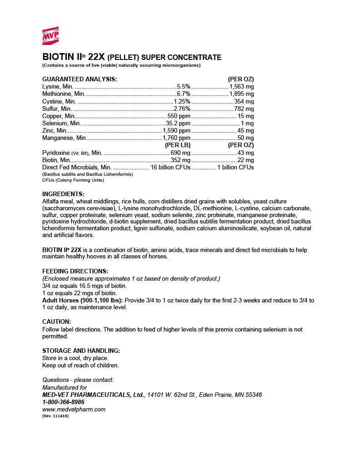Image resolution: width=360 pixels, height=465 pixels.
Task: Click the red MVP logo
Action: click(50, 36)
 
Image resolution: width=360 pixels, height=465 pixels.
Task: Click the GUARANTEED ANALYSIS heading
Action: click(79, 79)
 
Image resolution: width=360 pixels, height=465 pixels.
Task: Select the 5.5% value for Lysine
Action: click(183, 86)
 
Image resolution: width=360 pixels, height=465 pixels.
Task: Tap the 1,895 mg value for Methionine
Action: click(242, 94)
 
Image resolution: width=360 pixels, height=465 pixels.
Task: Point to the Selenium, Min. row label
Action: click(61, 123)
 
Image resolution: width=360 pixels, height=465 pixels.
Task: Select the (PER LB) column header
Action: click(177, 145)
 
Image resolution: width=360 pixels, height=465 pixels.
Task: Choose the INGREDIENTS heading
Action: click(63, 194)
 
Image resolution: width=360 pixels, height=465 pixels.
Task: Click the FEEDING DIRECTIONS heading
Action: click(75, 271)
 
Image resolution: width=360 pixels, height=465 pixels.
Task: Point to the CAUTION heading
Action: click(57, 322)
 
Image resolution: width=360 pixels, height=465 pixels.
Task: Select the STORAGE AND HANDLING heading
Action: click(81, 351)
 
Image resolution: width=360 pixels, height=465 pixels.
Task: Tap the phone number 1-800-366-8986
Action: click(63, 402)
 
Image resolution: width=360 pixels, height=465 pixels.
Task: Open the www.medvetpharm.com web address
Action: click(74, 409)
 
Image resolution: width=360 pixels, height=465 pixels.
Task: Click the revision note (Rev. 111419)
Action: click(55, 416)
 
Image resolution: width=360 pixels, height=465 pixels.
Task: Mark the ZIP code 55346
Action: click(253, 395)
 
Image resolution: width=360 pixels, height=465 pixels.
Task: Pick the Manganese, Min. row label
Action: click(64, 138)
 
